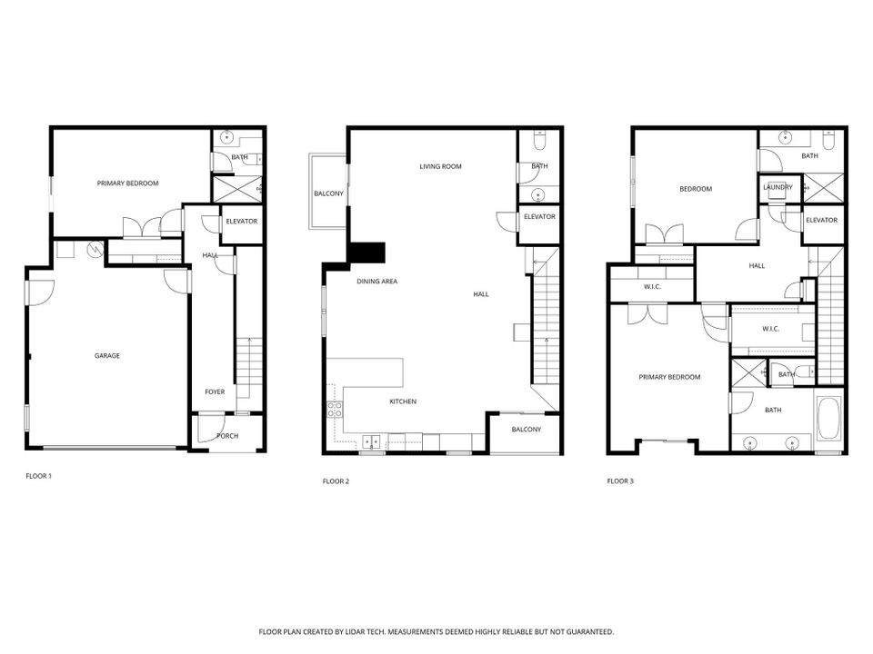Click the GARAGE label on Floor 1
pyautogui.click(x=107, y=356)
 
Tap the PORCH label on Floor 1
pyautogui.click(x=227, y=436)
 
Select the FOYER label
pyautogui.click(x=215, y=392)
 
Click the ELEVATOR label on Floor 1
pyautogui.click(x=242, y=222)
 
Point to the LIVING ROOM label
pyautogui.click(x=441, y=166)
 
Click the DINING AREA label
pyautogui.click(x=376, y=282)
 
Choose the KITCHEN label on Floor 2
pyautogui.click(x=403, y=401)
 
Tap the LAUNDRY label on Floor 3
pyautogui.click(x=778, y=188)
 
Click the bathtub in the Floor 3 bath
pyautogui.click(x=829, y=421)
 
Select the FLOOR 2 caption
pyautogui.click(x=336, y=481)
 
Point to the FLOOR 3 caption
pyautogui.click(x=620, y=481)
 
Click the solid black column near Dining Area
pyautogui.click(x=368, y=253)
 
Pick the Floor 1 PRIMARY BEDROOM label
pyautogui.click(x=128, y=183)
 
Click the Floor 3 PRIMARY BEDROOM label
pyautogui.click(x=669, y=377)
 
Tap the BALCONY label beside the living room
pyautogui.click(x=328, y=193)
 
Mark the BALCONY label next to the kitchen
pyautogui.click(x=527, y=430)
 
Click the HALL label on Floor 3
pyautogui.click(x=757, y=266)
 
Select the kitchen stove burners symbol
pyautogui.click(x=334, y=409)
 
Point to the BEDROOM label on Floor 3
pyautogui.click(x=696, y=189)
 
